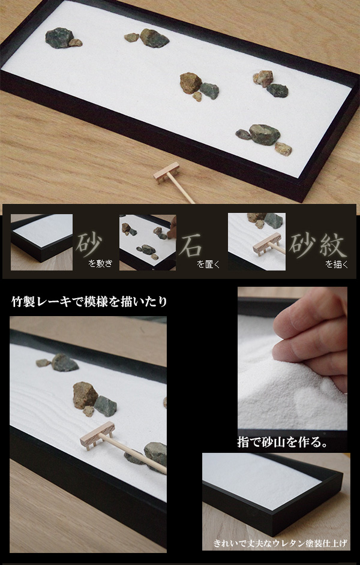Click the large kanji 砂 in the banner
[x=89, y=242]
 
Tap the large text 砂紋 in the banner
[x=322, y=242]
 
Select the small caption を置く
[x=209, y=263]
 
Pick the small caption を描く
[x=337, y=263]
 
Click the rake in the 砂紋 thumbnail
[x=267, y=246]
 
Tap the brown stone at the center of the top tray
[x=190, y=82]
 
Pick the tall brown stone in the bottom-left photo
[x=85, y=395]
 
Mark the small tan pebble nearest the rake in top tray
[x=283, y=149]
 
